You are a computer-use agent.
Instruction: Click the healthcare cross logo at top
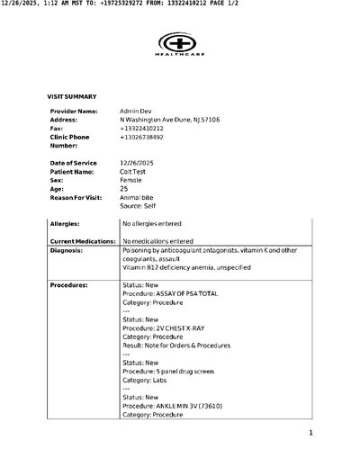(x=180, y=41)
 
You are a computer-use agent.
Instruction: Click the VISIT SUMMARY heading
(x=72, y=95)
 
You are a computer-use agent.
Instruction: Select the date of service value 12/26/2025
(x=138, y=162)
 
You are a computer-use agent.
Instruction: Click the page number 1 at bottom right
(x=310, y=434)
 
